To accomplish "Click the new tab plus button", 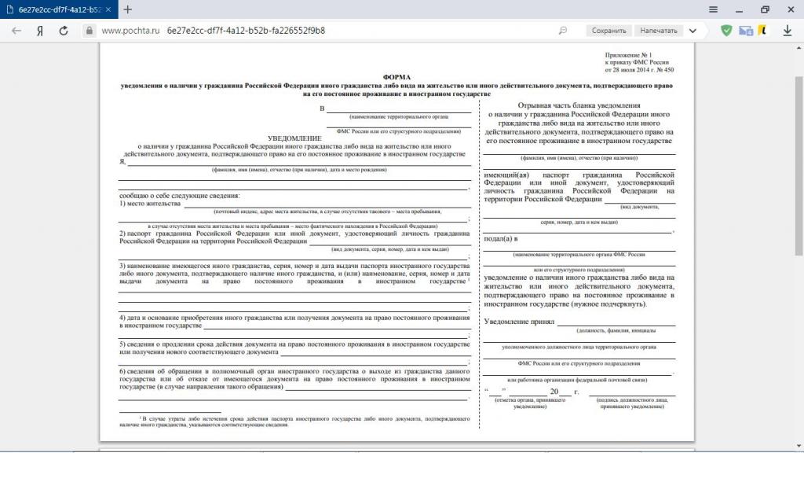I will tap(127, 9).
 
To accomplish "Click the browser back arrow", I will tap(16, 31).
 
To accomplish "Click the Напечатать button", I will tap(658, 31).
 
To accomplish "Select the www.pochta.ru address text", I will tap(130, 31).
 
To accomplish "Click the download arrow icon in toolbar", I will tap(788, 31).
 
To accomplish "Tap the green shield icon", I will tap(726, 31).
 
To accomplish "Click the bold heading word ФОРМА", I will tap(397, 76).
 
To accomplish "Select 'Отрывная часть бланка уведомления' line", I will tap(579, 105).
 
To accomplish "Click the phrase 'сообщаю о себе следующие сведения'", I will tap(180, 195).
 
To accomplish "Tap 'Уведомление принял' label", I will tap(519, 322).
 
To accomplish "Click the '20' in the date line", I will tap(554, 391).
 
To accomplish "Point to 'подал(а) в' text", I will tap(501, 238).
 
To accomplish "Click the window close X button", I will tap(789, 9).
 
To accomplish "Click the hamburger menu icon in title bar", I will tap(713, 9).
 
